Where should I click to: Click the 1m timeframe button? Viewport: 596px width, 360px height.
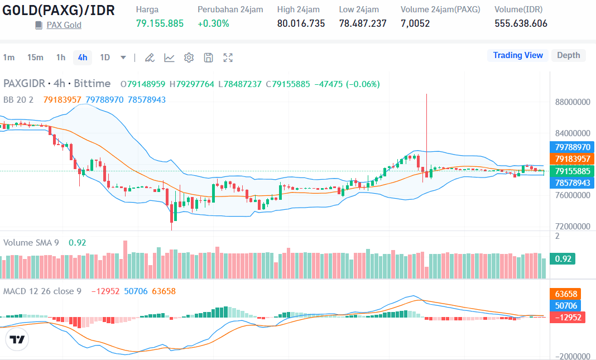pyautogui.click(x=9, y=57)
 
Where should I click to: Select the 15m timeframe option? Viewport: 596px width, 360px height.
pyautogui.click(x=35, y=57)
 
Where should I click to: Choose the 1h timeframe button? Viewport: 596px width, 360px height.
pyautogui.click(x=60, y=57)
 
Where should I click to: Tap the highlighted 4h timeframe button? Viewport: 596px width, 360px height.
pyautogui.click(x=83, y=57)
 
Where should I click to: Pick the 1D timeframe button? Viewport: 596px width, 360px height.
pyautogui.click(x=105, y=57)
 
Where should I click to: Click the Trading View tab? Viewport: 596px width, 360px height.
pyautogui.click(x=517, y=55)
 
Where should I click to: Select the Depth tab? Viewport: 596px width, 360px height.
pyautogui.click(x=568, y=55)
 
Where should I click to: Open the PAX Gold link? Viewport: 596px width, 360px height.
pyautogui.click(x=64, y=25)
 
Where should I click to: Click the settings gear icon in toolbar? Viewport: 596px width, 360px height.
pyautogui.click(x=189, y=57)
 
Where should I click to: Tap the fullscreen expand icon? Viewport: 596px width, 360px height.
pyautogui.click(x=228, y=57)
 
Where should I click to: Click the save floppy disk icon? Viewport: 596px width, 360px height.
pyautogui.click(x=208, y=57)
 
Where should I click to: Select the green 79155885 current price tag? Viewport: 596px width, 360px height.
pyautogui.click(x=572, y=171)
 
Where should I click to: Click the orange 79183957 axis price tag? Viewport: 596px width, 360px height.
pyautogui.click(x=572, y=159)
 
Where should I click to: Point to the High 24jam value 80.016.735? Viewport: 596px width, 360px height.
pyautogui.click(x=301, y=23)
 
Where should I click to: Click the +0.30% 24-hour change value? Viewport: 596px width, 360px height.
pyautogui.click(x=213, y=23)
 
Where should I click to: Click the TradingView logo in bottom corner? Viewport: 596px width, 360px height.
pyautogui.click(x=17, y=339)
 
